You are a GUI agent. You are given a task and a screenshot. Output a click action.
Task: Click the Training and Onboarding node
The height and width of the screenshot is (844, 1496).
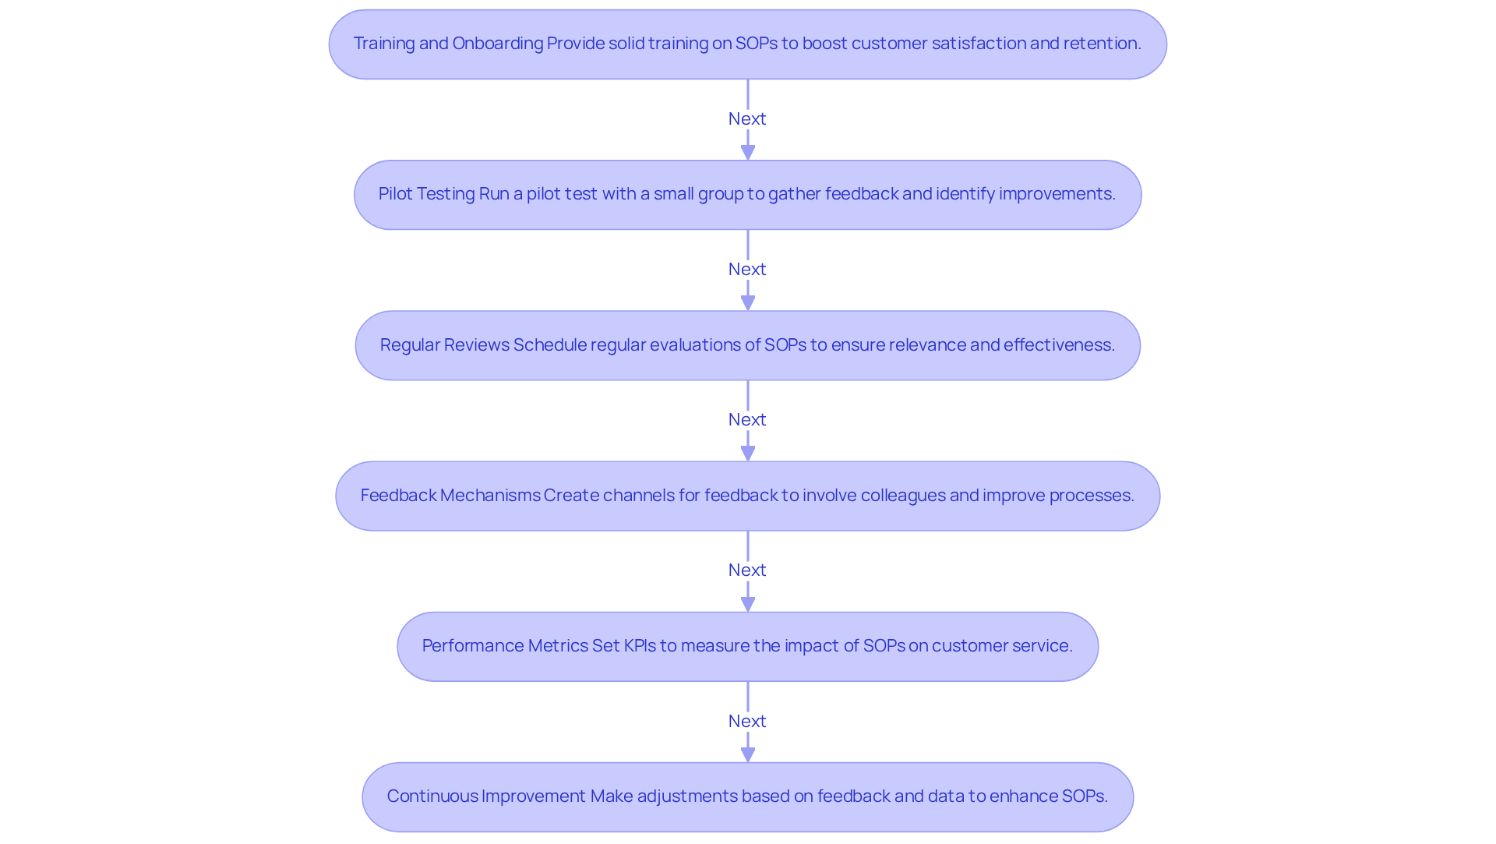pyautogui.click(x=747, y=44)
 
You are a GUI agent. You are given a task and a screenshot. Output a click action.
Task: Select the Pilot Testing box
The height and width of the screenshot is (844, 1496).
pyautogui.click(x=747, y=195)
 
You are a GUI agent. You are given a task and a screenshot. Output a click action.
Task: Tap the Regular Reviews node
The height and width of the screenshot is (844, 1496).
pyautogui.click(x=747, y=345)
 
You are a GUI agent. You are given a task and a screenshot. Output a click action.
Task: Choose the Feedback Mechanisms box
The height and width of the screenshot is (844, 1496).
pyautogui.click(x=747, y=496)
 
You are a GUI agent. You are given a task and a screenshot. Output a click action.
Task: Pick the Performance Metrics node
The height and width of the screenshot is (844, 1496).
pyautogui.click(x=747, y=646)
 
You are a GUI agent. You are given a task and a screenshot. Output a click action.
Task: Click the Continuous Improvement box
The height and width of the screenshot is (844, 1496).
pyautogui.click(x=747, y=796)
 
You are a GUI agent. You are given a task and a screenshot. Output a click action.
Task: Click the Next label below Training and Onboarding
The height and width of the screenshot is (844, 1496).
pyautogui.click(x=747, y=118)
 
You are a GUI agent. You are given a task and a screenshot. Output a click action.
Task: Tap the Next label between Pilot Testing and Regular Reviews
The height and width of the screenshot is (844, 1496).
pyautogui.click(x=747, y=269)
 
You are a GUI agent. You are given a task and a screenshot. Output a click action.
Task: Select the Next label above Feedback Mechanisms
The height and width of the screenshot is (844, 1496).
pyautogui.click(x=747, y=419)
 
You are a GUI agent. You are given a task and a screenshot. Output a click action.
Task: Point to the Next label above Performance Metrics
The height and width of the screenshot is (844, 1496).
pyautogui.click(x=747, y=570)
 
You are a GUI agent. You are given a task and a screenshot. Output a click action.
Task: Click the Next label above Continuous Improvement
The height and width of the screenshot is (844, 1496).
pyautogui.click(x=747, y=721)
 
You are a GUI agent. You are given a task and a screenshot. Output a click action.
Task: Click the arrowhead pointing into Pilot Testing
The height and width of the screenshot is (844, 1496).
pyautogui.click(x=748, y=152)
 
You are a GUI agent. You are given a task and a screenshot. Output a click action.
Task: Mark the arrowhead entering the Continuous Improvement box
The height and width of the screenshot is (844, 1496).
pyautogui.click(x=748, y=754)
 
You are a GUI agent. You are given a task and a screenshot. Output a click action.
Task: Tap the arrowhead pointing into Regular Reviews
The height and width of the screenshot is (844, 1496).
pyautogui.click(x=748, y=302)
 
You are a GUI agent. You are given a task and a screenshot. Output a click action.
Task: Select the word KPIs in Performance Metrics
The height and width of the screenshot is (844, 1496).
pyautogui.click(x=640, y=646)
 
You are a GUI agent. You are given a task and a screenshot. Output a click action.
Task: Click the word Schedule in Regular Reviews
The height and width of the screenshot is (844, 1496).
pyautogui.click(x=549, y=345)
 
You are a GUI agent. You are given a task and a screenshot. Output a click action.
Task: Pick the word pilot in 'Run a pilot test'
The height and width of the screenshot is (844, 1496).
pyautogui.click(x=545, y=194)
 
